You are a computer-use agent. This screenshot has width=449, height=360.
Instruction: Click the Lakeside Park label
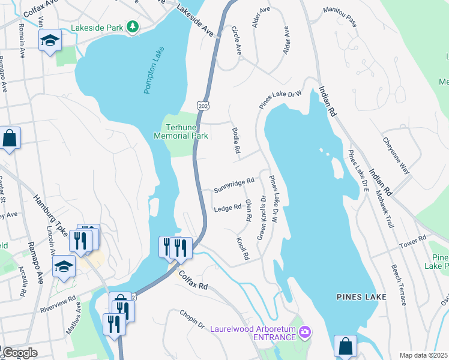[x=97, y=28]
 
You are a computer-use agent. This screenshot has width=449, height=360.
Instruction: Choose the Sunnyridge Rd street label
[x=234, y=185]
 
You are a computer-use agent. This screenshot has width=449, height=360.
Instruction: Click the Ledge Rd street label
[x=228, y=208]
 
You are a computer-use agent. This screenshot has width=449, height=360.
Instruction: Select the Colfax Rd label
[x=193, y=280]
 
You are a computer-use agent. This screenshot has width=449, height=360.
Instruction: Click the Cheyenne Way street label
[x=396, y=155]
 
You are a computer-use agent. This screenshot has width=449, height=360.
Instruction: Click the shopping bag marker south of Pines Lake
[x=345, y=346]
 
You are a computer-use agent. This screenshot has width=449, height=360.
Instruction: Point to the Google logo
[x=19, y=353]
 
